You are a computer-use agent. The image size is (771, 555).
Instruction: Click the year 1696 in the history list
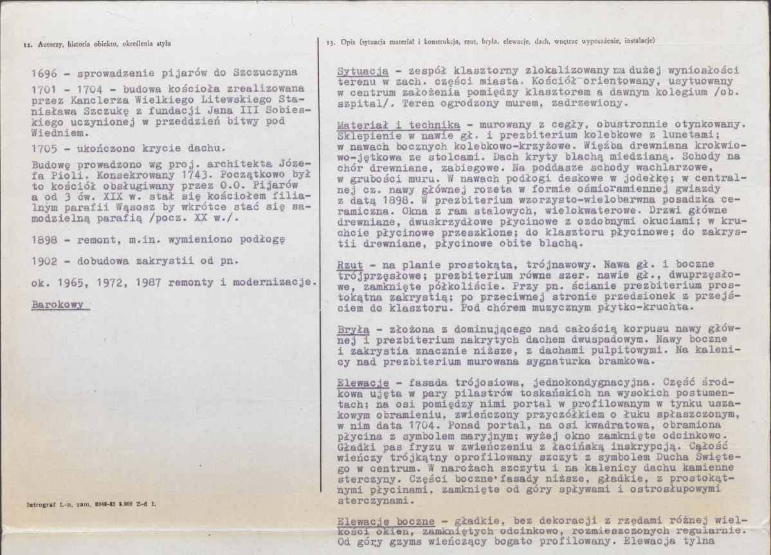[x=43, y=72]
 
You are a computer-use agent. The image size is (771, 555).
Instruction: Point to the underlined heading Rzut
[x=350, y=265]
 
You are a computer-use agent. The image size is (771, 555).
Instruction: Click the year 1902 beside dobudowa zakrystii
[x=43, y=262]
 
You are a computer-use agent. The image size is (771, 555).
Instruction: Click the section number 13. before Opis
[x=331, y=42]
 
